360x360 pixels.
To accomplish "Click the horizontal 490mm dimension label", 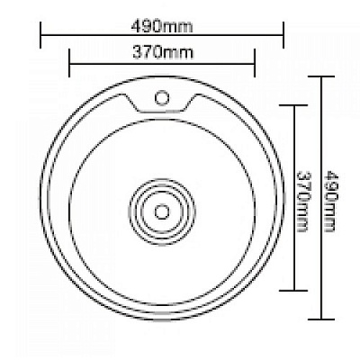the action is [162, 27].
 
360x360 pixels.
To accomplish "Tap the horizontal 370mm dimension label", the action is [163, 52].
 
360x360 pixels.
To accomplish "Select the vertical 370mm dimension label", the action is [302, 202].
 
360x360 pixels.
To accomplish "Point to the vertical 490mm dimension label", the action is [331, 201].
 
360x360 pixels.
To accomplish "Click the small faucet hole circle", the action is [162, 98].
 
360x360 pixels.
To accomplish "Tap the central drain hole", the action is [162, 212].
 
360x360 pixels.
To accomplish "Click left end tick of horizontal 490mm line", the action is [40, 35].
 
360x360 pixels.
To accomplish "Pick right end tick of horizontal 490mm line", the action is [283, 35].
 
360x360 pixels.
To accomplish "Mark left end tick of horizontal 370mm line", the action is [69, 63].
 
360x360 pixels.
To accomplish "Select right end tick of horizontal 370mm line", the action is [255, 63].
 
